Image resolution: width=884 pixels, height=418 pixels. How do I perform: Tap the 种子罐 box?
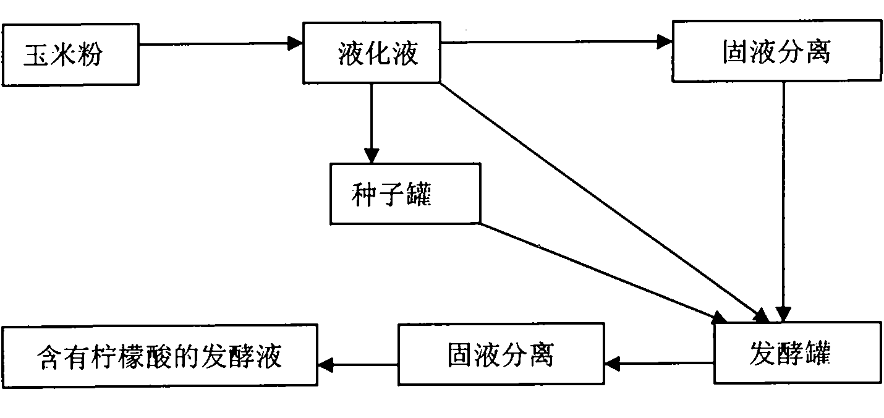click(x=405, y=194)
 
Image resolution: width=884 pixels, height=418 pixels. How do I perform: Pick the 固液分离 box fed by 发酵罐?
click(x=500, y=355)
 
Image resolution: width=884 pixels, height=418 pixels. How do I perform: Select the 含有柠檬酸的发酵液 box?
click(x=159, y=356)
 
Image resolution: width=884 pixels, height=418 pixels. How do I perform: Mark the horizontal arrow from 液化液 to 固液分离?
click(x=556, y=42)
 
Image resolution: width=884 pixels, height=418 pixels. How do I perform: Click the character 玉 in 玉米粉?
click(x=34, y=56)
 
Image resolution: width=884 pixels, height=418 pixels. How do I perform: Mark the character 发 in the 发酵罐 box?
click(x=761, y=352)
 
